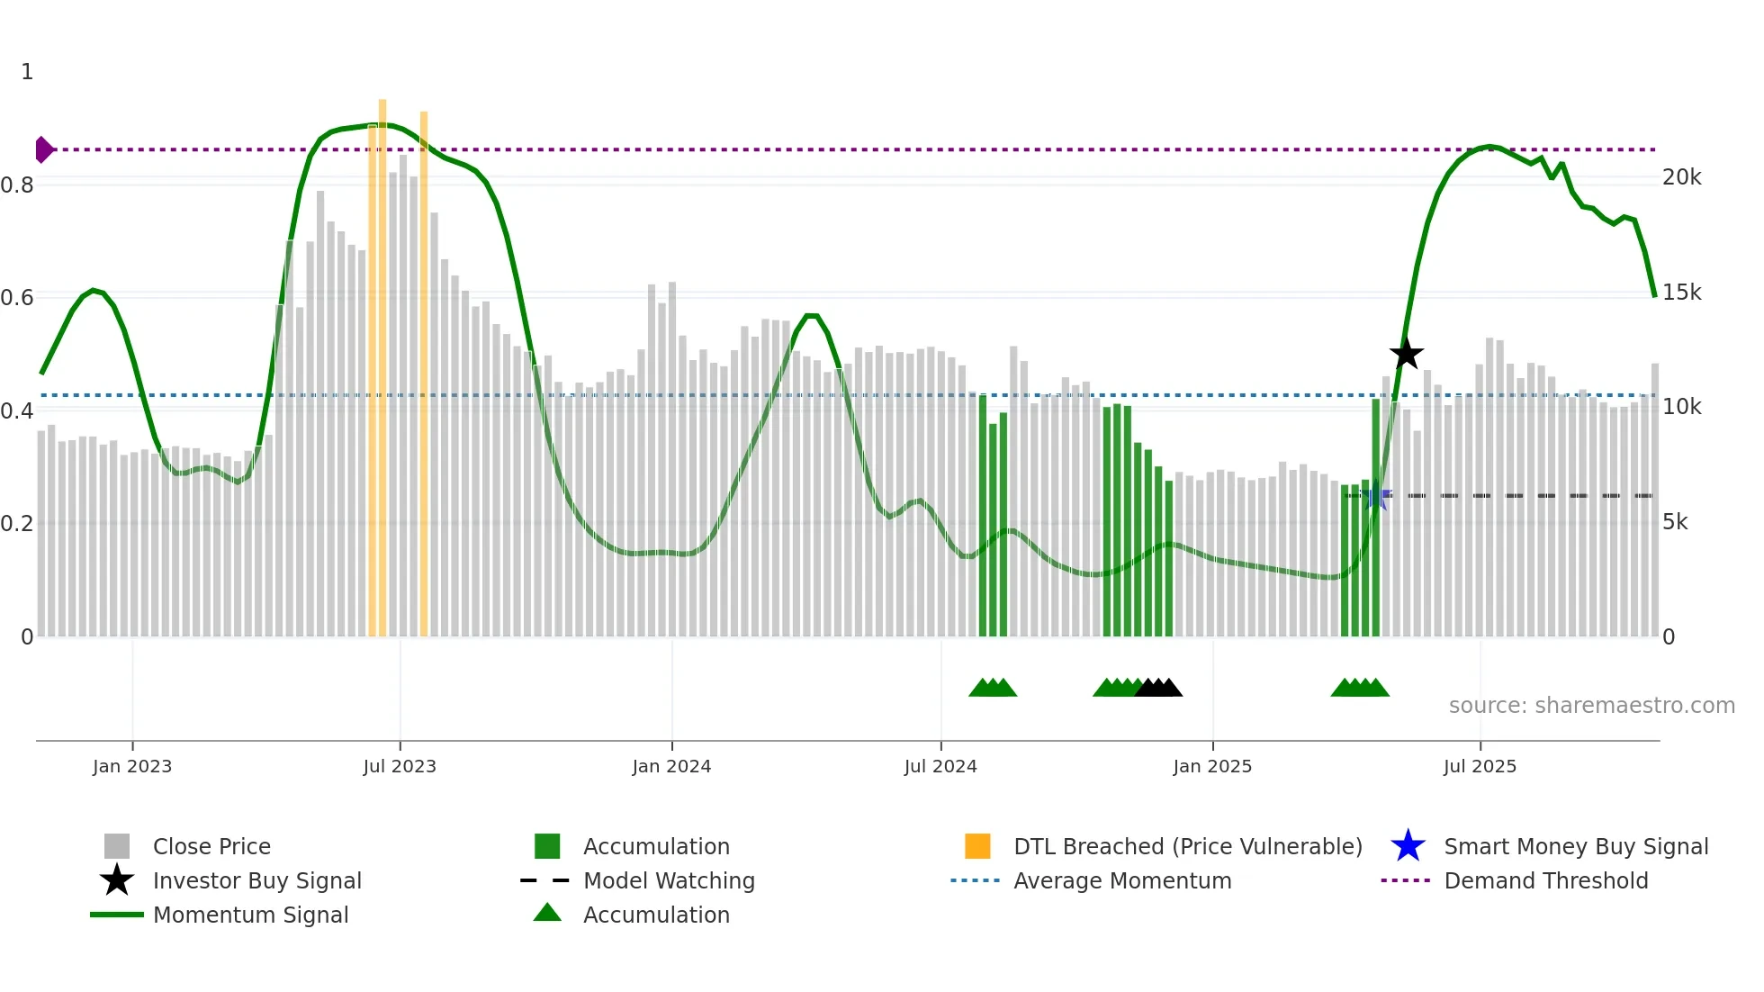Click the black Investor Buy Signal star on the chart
[1406, 355]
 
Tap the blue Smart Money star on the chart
[1376, 495]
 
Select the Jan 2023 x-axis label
[132, 767]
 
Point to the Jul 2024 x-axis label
[940, 767]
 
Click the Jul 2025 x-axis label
[1480, 767]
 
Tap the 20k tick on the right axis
[1681, 177]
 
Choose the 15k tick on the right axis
[1681, 293]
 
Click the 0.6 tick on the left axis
[18, 298]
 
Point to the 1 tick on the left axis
[27, 72]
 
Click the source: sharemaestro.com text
[1591, 706]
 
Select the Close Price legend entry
[211, 847]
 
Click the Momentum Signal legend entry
[250, 915]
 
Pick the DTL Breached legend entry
[1187, 847]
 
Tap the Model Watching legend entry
[669, 881]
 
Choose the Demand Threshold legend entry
[1545, 881]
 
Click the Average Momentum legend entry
[1122, 881]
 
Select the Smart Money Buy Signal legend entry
[1576, 847]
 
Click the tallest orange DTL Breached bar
[382, 360]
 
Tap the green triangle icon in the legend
[547, 914]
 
